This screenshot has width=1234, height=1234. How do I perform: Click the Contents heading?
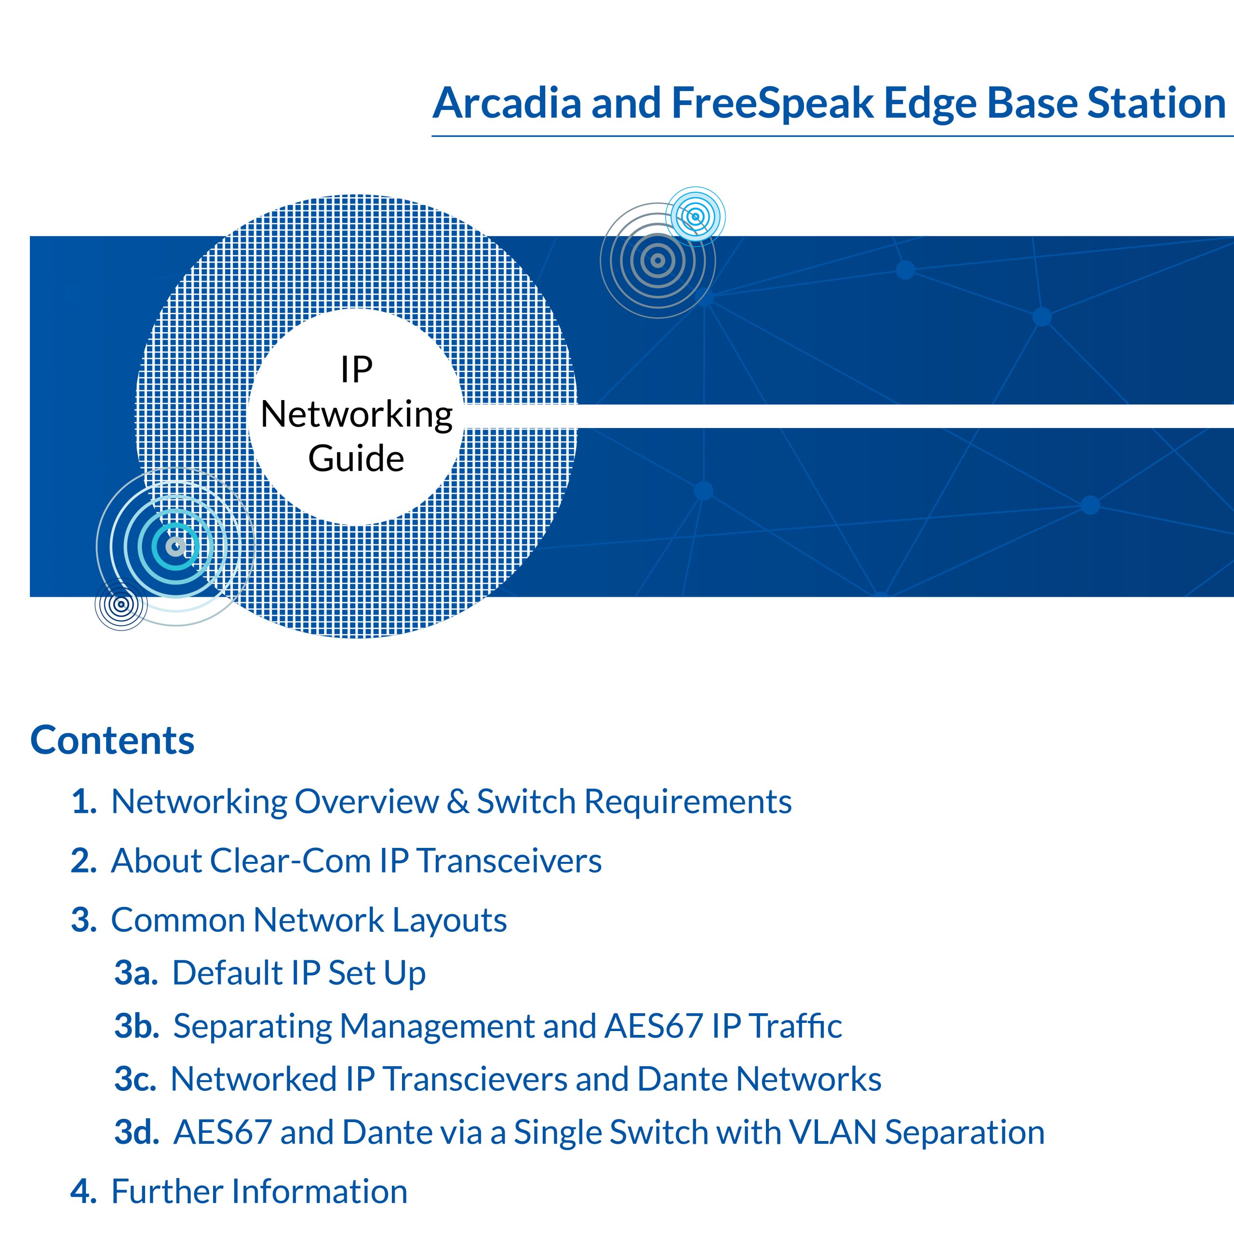click(x=112, y=740)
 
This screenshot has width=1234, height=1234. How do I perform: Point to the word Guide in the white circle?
click(x=356, y=458)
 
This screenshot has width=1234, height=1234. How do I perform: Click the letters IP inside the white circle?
click(x=356, y=370)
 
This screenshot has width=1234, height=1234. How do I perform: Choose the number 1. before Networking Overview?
click(x=84, y=801)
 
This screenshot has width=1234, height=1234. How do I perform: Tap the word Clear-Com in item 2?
click(x=290, y=860)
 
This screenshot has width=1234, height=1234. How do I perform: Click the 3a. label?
click(x=136, y=973)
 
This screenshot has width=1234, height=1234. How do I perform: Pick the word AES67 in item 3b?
click(x=654, y=1026)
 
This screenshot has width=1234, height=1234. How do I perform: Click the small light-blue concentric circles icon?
click(x=696, y=216)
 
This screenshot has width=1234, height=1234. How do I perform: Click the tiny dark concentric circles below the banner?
click(x=121, y=604)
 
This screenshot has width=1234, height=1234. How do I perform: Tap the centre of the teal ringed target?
click(x=175, y=547)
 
